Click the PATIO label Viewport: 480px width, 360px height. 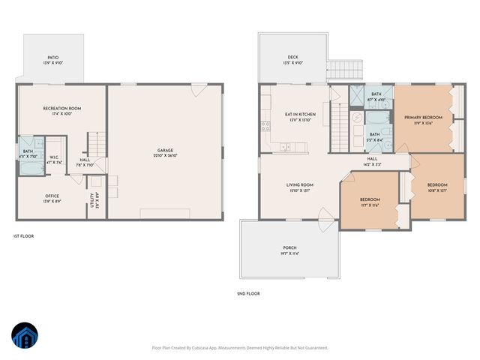[x=52, y=57]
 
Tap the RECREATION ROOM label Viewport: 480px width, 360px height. [x=61, y=109]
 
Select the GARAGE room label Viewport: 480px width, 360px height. [x=165, y=150]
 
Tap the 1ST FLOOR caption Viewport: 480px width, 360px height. [x=24, y=236]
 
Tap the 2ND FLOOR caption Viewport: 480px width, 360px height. [x=248, y=293]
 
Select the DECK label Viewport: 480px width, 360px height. [x=292, y=57]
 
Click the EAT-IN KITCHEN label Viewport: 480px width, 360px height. [x=300, y=115]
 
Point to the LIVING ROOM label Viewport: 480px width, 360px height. [x=299, y=184]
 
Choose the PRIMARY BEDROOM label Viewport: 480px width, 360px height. [x=423, y=118]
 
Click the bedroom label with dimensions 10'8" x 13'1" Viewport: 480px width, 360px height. [x=437, y=185]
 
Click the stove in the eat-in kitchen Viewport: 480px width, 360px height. [x=265, y=124]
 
